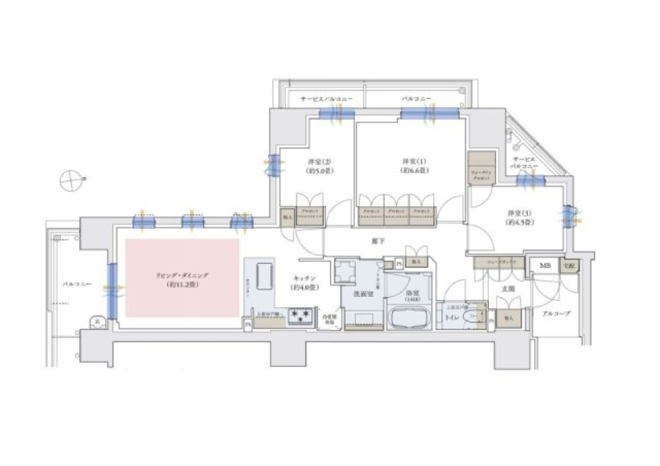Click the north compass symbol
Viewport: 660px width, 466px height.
pyautogui.click(x=70, y=181)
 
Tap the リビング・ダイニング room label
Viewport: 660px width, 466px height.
pyautogui.click(x=181, y=278)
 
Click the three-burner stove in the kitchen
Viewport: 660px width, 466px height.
pyautogui.click(x=300, y=315)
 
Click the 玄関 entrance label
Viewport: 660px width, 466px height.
pyautogui.click(x=508, y=290)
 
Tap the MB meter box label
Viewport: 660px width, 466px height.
pyautogui.click(x=544, y=265)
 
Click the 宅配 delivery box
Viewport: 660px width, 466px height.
pyautogui.click(x=568, y=265)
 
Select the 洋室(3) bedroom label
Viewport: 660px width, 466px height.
pyautogui.click(x=516, y=217)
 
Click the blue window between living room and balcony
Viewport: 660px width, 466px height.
pyautogui.click(x=111, y=289)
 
